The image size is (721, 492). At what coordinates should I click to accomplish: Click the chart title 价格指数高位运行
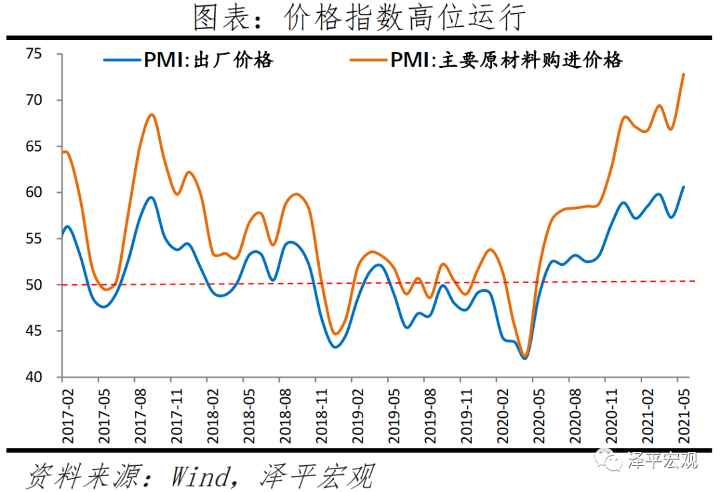[360, 18]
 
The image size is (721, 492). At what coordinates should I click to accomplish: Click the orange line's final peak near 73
[684, 74]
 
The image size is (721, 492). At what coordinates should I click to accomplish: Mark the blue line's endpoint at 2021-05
[684, 187]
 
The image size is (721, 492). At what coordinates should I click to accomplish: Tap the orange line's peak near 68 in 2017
[152, 115]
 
